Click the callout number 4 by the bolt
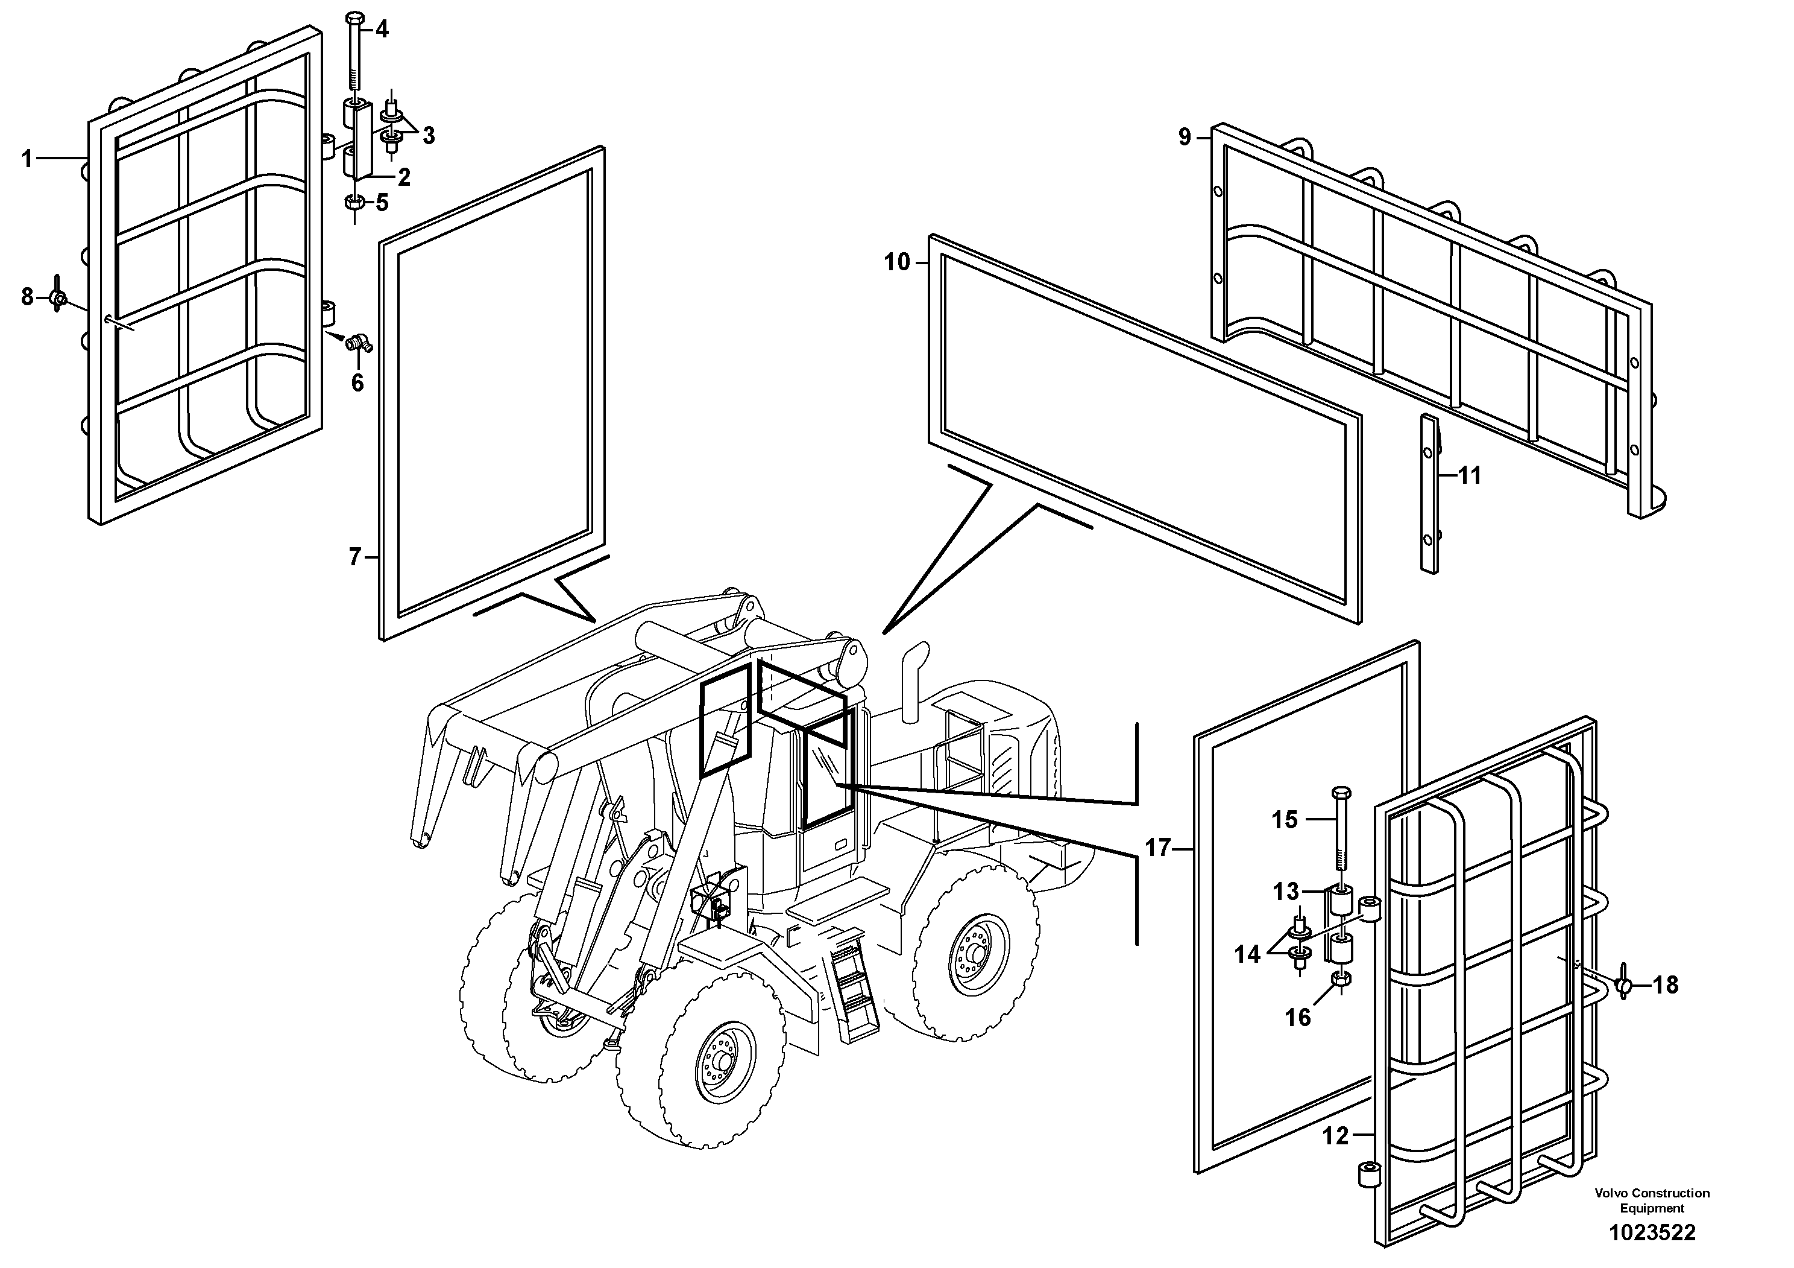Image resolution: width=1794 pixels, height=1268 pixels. point(382,30)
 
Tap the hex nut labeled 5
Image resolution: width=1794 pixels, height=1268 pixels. point(353,203)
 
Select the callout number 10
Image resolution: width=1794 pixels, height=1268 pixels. point(897,262)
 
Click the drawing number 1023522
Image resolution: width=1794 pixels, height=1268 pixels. point(1652,1234)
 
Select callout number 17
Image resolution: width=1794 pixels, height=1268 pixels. point(1157,848)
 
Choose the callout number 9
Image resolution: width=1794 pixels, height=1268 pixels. point(1185,137)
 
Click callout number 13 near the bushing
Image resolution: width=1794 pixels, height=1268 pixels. point(1285,891)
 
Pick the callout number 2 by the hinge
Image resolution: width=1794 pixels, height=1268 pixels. point(403,177)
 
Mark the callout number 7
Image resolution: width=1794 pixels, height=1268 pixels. point(356,557)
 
